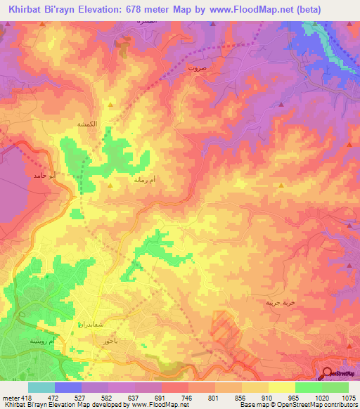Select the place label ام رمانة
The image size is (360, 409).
pyautogui.click(x=144, y=180)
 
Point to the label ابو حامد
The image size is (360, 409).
pyautogui.click(x=43, y=175)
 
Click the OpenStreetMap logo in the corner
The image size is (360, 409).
pyautogui.click(x=340, y=374)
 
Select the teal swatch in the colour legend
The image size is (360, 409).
pyautogui.click(x=41, y=387)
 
